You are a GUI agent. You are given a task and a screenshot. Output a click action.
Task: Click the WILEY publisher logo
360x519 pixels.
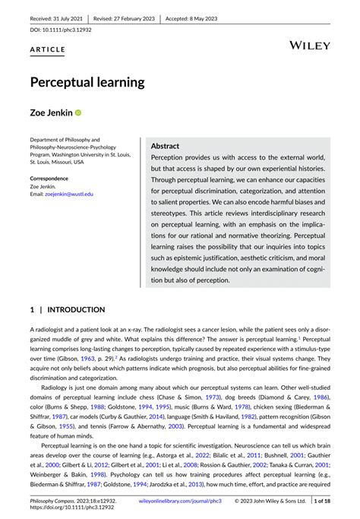tap(310, 46)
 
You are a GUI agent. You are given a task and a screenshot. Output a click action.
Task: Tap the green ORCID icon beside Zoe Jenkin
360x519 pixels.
tap(77, 112)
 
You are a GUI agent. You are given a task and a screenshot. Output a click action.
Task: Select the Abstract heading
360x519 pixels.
tap(165, 145)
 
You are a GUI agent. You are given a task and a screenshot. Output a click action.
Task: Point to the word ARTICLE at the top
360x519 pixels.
tap(48, 49)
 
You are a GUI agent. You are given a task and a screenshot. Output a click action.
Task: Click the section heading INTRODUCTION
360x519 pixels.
tap(77, 310)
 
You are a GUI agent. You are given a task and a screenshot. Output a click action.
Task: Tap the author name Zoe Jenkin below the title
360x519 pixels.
tap(49, 112)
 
